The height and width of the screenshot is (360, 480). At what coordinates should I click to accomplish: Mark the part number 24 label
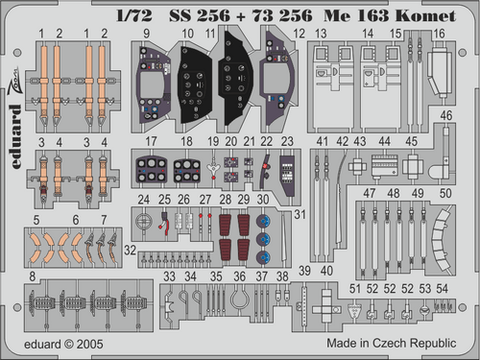pyautogui.click(x=142, y=200)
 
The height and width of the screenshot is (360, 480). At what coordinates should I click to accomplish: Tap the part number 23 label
pyautogui.click(x=287, y=141)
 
